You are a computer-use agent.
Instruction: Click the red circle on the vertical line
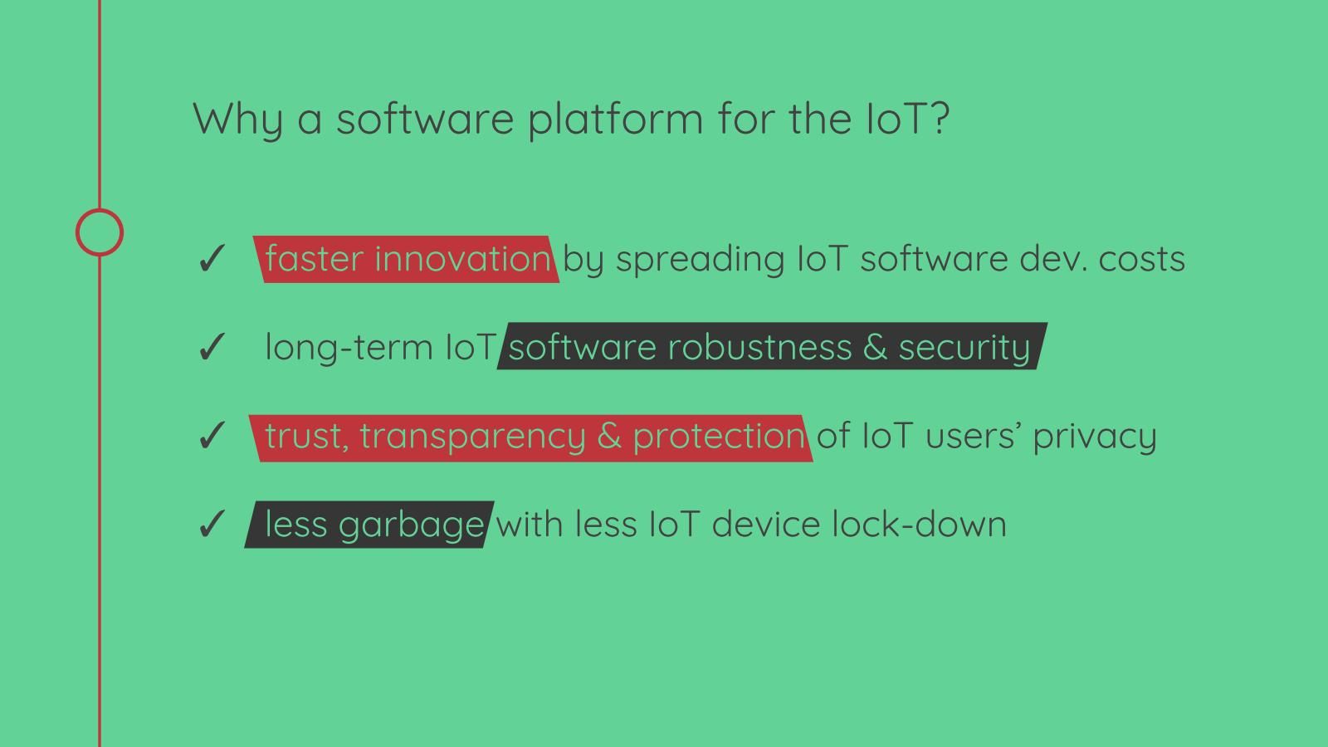point(100,208)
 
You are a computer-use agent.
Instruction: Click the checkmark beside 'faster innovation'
point(211,258)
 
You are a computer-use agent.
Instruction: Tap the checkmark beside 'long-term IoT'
point(211,347)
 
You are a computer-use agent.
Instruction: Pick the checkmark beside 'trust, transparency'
point(211,436)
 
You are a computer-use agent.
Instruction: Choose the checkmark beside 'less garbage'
point(211,524)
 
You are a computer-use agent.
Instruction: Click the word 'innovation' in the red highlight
point(463,258)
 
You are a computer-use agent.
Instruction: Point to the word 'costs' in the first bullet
point(1142,260)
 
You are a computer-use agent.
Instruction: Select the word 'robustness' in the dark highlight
point(760,347)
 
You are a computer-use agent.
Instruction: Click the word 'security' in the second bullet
point(964,349)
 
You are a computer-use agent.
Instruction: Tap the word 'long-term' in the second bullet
point(349,347)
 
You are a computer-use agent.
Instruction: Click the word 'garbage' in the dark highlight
point(412,526)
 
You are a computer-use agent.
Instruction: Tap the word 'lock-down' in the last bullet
point(919,524)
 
